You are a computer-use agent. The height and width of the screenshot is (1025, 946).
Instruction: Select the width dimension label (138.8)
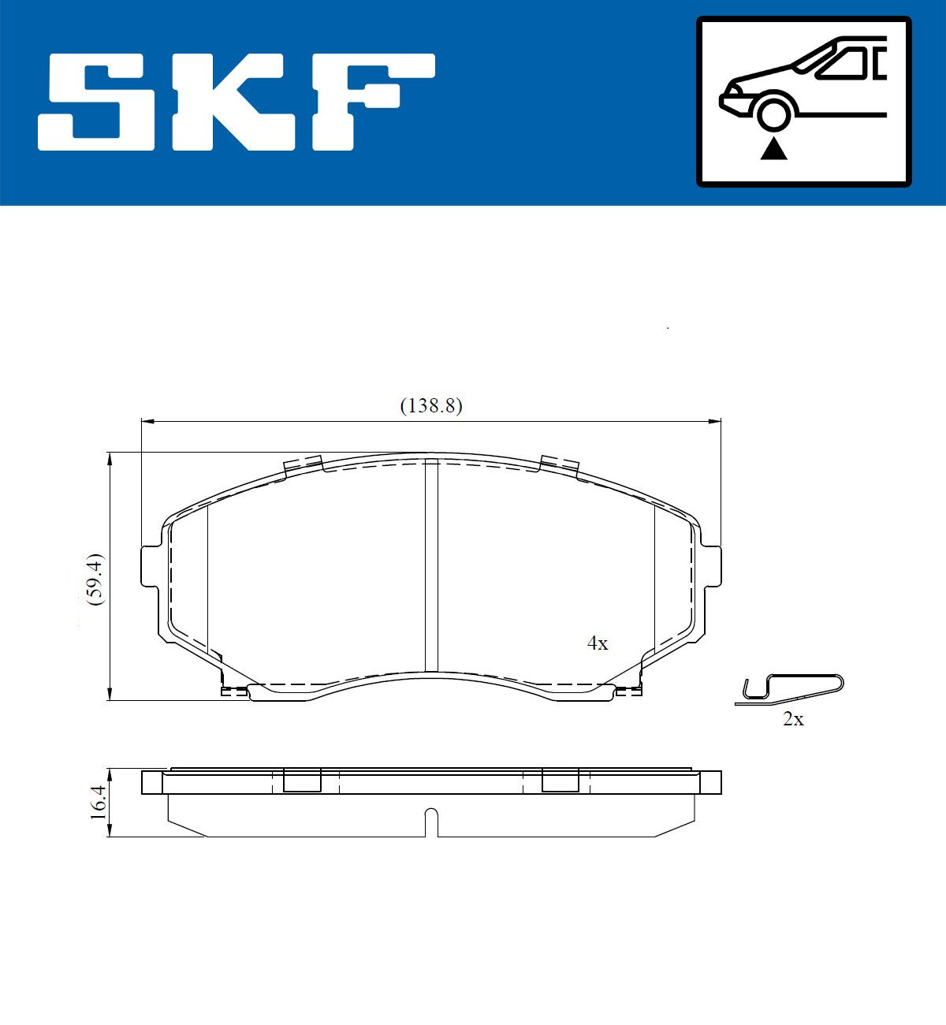(x=431, y=406)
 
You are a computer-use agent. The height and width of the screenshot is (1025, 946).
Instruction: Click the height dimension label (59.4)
(x=96, y=580)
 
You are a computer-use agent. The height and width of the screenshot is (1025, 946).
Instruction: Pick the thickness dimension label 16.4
(x=98, y=802)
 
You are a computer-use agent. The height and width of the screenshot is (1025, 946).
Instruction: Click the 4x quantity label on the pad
(x=598, y=643)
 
